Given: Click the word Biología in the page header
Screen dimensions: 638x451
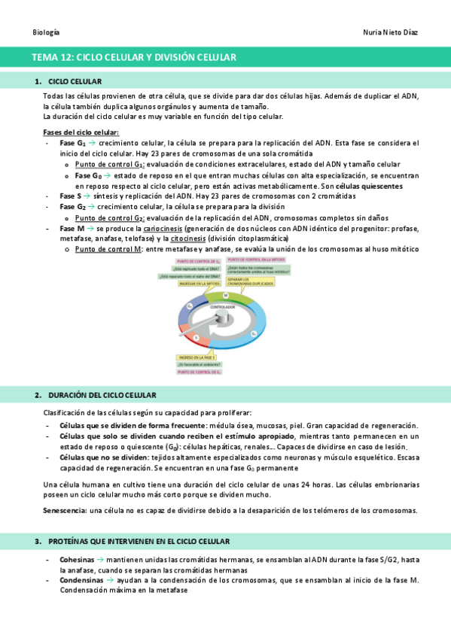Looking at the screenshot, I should [x=46, y=32].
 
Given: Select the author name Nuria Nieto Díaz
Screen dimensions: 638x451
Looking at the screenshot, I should [x=389, y=32].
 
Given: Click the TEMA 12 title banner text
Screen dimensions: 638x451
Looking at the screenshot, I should [x=134, y=57].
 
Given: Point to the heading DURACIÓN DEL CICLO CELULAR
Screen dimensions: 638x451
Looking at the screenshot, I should [x=102, y=395].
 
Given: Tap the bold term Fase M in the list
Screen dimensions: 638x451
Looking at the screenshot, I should [x=72, y=227].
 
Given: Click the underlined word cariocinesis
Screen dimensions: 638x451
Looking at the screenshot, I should [x=162, y=227].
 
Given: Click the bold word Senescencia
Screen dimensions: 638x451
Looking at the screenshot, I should [x=64, y=510].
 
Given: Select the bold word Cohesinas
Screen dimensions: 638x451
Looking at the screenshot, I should [x=77, y=560].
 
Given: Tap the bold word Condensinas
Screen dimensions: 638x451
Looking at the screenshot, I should [x=81, y=579].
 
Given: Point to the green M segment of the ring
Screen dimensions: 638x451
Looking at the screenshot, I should [x=226, y=296].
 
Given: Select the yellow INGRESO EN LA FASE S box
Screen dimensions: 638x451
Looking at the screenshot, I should [x=199, y=357].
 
